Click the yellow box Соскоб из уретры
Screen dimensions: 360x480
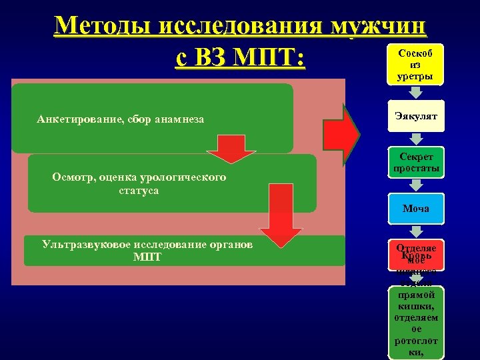(415, 65)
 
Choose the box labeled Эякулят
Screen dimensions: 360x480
(415, 117)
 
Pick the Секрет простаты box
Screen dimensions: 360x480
(415, 162)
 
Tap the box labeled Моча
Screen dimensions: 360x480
(415, 209)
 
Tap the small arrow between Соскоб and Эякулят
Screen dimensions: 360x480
(415, 93)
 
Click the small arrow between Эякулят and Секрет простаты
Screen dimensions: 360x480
(415, 139)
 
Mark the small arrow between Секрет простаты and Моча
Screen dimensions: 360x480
(415, 187)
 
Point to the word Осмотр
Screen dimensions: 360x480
(73, 177)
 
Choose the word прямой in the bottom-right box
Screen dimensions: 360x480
(415, 294)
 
